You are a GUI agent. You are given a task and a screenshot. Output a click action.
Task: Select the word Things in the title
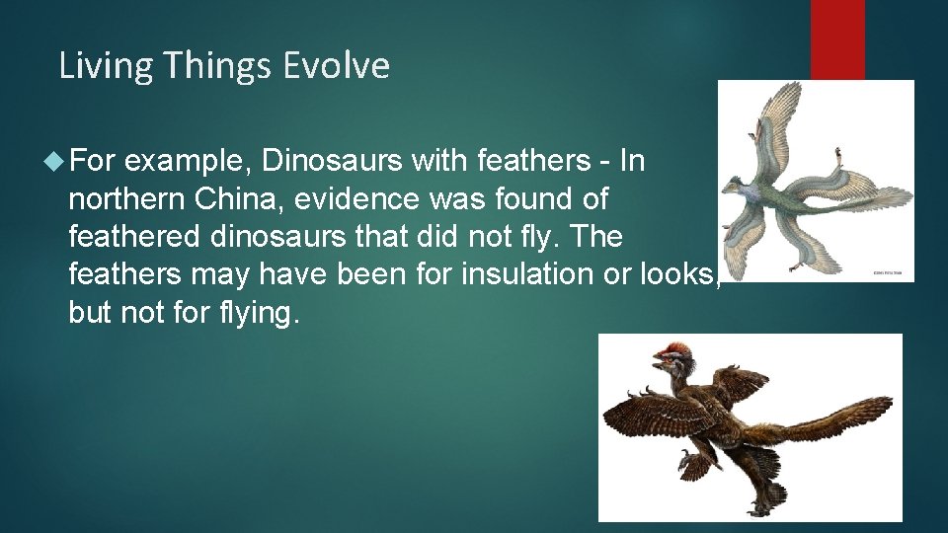coord(218,66)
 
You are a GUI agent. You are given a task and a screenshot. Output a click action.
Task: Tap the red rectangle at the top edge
coord(837,39)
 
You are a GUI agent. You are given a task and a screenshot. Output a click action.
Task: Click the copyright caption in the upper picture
coord(891,271)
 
